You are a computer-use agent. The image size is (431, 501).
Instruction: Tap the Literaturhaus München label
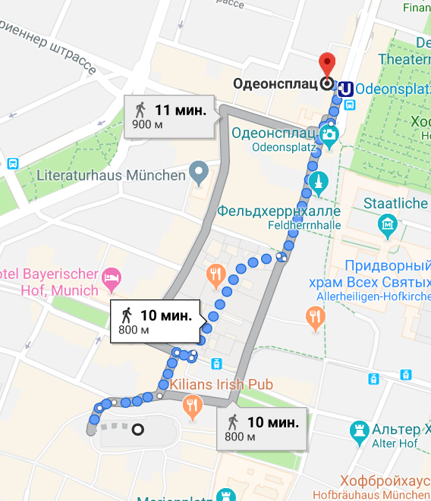coord(112,175)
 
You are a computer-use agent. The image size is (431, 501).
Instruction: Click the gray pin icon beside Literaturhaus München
coord(199,173)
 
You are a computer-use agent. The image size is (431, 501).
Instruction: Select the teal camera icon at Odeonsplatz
coord(329,135)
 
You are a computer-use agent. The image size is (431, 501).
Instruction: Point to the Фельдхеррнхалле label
coord(278,210)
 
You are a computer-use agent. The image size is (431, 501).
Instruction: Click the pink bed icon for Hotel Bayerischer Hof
coord(112,278)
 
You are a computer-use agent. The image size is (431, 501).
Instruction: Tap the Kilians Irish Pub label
coord(220,384)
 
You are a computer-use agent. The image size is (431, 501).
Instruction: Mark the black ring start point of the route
coord(137,431)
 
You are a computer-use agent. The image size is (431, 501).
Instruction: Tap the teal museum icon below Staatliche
coord(387,224)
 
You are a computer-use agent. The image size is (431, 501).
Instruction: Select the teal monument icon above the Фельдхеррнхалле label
coord(316,182)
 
